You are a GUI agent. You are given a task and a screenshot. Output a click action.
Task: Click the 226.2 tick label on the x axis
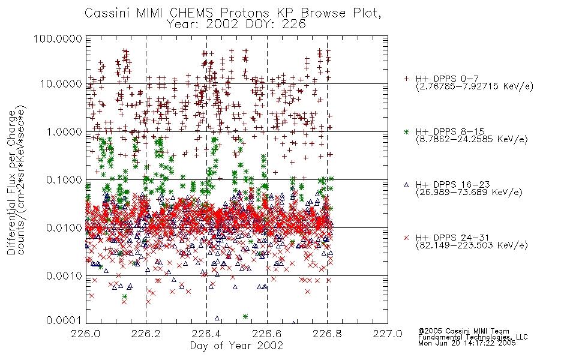click(146, 334)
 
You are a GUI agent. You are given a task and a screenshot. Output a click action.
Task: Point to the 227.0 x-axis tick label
click(388, 334)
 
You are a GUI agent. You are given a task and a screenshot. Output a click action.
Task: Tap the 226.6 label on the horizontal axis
click(267, 334)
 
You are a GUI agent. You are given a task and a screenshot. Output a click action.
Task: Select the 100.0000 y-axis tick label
click(58, 38)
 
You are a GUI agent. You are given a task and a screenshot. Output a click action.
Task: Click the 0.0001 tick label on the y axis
click(64, 320)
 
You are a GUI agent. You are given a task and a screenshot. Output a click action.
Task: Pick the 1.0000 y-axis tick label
click(64, 131)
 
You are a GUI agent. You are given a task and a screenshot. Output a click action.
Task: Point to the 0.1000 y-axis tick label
click(64, 179)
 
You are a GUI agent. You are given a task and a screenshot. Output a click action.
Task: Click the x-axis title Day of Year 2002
click(236, 346)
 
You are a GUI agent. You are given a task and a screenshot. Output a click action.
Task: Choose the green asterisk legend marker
click(406, 131)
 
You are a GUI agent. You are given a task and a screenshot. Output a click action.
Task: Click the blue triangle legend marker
click(406, 185)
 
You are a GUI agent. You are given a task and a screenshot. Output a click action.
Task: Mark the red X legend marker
click(406, 238)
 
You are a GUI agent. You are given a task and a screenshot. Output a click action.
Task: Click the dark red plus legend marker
click(406, 79)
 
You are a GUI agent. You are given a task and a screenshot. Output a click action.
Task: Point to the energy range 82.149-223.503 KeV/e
click(472, 245)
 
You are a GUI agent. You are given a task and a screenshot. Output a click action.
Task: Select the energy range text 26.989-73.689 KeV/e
click(469, 193)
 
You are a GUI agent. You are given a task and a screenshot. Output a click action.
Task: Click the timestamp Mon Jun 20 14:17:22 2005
click(467, 343)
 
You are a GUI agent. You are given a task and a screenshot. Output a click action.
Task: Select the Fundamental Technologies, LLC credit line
click(473, 337)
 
